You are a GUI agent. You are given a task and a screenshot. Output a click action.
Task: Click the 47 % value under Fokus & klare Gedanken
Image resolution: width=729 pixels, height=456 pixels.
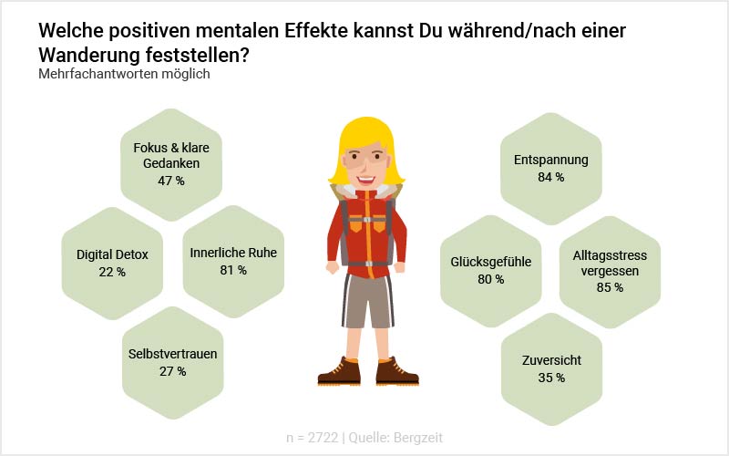click(x=170, y=181)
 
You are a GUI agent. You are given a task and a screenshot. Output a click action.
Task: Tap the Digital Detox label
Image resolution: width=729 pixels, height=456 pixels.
click(x=112, y=254)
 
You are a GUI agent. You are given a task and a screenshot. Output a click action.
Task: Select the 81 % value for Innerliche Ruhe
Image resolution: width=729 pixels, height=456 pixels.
click(x=233, y=270)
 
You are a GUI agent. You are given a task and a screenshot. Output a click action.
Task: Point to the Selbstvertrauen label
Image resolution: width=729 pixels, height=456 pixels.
click(x=173, y=354)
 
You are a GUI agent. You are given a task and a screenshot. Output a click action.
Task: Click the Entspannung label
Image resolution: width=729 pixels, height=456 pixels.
click(x=550, y=160)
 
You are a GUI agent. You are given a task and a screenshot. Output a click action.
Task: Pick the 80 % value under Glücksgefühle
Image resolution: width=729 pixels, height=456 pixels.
click(x=490, y=279)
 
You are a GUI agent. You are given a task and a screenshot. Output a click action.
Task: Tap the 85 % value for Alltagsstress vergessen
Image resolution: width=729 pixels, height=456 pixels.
click(x=610, y=287)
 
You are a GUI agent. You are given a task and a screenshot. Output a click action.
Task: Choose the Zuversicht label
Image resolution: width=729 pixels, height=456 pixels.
click(x=550, y=360)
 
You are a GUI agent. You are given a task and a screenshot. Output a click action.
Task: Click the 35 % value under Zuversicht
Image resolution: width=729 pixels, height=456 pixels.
click(x=550, y=377)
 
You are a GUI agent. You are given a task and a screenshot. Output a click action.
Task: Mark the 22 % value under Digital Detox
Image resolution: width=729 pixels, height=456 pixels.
click(x=112, y=272)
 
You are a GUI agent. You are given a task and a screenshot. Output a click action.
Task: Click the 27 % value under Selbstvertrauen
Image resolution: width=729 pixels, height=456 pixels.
click(x=172, y=371)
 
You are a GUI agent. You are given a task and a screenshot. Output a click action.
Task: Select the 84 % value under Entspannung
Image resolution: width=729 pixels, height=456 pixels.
click(x=550, y=177)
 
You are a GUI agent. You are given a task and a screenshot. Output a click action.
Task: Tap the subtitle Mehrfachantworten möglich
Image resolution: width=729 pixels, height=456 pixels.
click(x=124, y=74)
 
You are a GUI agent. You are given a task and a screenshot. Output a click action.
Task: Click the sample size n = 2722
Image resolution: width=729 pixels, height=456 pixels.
click(x=311, y=438)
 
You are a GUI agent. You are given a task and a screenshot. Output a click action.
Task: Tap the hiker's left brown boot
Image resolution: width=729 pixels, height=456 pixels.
click(x=339, y=372)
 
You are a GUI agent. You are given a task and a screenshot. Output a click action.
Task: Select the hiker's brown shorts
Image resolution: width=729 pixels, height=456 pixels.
click(x=367, y=301)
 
